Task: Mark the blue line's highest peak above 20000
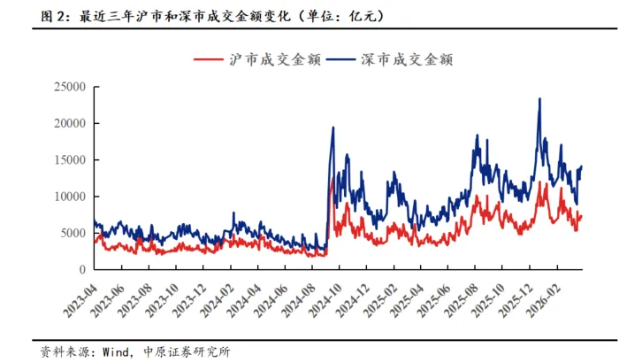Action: click(x=539, y=99)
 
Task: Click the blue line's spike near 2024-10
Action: click(x=332, y=127)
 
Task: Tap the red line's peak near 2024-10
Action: click(x=332, y=179)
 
